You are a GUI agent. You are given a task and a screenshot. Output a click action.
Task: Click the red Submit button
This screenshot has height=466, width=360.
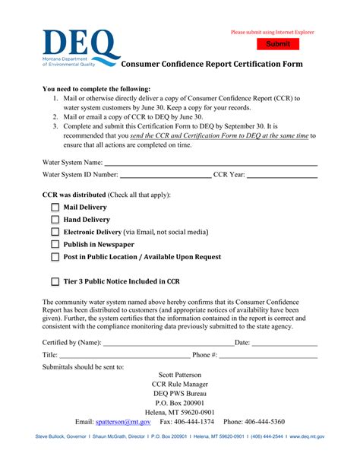point(278,44)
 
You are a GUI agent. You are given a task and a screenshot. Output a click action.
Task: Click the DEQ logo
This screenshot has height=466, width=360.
point(80,49)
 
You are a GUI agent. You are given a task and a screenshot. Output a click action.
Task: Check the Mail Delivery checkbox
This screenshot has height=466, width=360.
point(55,208)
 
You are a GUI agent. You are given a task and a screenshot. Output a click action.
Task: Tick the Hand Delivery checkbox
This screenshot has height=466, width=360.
point(55,220)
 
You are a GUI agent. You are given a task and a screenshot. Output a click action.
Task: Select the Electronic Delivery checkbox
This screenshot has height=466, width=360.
point(55,232)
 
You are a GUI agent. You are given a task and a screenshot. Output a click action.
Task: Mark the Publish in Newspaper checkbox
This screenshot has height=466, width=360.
point(55,245)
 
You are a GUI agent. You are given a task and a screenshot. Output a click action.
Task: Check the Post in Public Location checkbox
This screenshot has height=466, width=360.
point(55,257)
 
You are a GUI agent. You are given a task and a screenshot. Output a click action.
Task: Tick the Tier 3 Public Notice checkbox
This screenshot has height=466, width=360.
point(55,281)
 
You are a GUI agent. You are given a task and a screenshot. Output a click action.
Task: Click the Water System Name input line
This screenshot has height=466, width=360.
point(210,163)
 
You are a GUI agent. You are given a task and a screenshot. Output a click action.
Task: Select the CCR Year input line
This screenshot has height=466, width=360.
point(283,176)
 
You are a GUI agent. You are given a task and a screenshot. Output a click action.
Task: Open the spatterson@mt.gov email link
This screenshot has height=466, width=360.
point(123,421)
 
